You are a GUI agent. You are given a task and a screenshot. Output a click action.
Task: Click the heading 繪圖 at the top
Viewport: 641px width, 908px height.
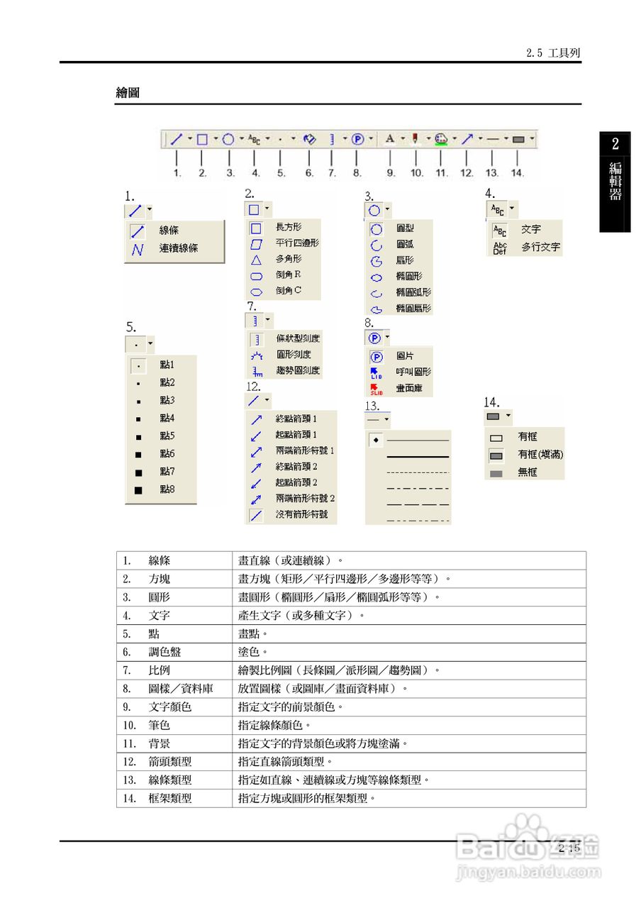click(128, 93)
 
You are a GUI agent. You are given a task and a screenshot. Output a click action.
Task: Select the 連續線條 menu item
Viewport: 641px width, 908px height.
click(178, 249)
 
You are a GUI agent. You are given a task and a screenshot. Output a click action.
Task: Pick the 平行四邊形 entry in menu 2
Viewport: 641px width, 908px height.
click(296, 243)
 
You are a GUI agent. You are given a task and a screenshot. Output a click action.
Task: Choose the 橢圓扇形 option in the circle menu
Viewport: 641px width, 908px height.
click(413, 309)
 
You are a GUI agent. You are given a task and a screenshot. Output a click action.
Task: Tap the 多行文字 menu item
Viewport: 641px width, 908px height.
click(540, 248)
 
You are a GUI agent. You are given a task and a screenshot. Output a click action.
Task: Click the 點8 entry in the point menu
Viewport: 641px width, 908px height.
click(167, 489)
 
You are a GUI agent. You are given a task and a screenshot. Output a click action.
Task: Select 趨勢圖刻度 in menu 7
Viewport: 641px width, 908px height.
click(297, 370)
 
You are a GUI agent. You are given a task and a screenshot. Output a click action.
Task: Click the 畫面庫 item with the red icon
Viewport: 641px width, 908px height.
click(410, 387)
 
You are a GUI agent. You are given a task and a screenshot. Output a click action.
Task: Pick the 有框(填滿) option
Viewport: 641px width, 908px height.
click(540, 454)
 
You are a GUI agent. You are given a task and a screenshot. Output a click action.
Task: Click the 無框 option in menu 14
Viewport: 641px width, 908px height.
click(528, 472)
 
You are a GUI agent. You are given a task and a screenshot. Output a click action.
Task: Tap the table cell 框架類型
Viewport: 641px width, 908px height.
click(170, 798)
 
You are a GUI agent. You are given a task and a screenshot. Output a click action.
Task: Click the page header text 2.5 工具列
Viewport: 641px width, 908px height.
click(554, 53)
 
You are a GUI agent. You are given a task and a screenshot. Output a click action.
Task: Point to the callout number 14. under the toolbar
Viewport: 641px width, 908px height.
click(518, 172)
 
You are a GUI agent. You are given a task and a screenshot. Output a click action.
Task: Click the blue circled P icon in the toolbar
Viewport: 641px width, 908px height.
click(357, 140)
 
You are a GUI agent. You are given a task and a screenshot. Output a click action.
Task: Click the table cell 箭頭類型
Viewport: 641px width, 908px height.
click(170, 762)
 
